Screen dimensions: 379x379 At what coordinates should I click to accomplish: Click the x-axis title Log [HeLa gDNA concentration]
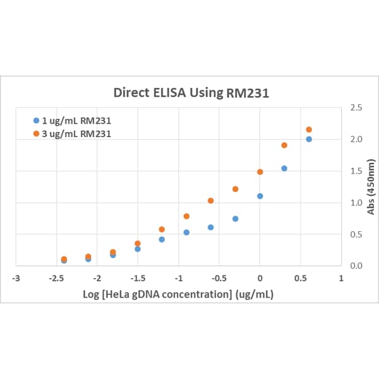tap(178, 294)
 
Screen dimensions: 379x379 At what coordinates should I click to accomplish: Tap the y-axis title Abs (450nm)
tap(371, 186)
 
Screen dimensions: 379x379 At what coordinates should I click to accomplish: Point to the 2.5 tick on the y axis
tap(355, 108)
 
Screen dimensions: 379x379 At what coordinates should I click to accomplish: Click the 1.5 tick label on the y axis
tap(355, 171)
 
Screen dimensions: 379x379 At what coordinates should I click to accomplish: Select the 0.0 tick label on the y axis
tap(355, 266)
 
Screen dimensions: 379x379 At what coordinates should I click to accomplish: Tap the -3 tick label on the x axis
tap(18, 277)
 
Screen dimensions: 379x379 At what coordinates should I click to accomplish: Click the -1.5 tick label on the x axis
tap(138, 277)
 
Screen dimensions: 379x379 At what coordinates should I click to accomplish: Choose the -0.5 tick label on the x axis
tap(219, 277)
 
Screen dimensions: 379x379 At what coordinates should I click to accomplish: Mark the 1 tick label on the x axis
tap(341, 277)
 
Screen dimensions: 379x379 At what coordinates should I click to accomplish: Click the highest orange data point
tap(309, 129)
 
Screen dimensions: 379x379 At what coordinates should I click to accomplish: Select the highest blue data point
tap(309, 139)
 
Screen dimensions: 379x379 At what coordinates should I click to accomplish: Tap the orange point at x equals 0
tap(260, 172)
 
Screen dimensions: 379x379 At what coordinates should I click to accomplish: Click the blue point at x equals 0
tap(260, 196)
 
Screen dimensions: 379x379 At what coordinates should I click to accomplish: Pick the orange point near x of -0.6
tap(211, 201)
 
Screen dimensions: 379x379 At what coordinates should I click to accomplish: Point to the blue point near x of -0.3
tap(235, 219)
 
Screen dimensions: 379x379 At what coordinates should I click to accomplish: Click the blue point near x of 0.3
tap(284, 168)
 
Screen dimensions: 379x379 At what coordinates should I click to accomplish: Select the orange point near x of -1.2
tap(162, 229)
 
